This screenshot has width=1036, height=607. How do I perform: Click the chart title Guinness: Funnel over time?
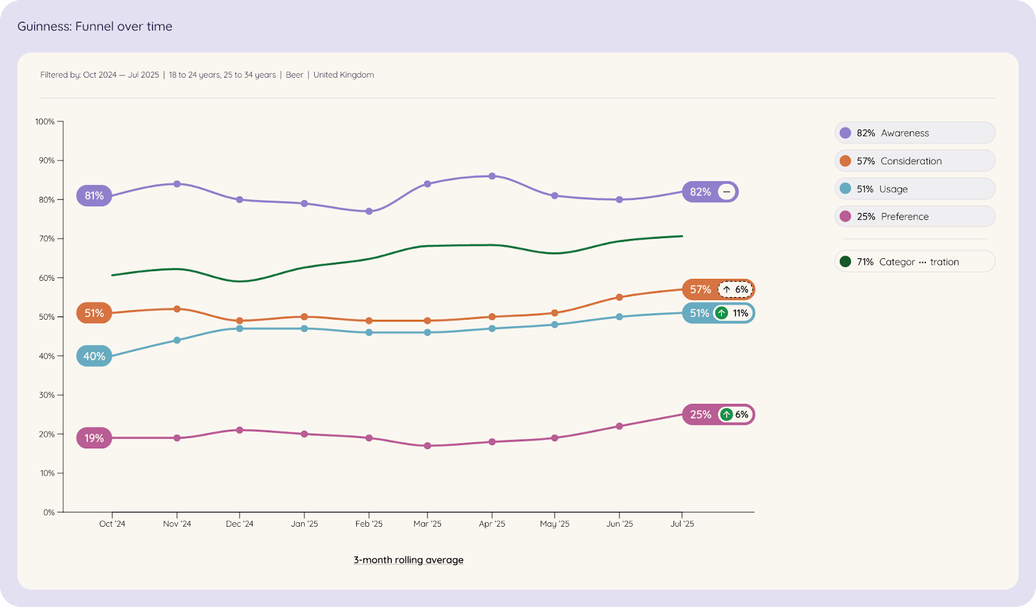[x=95, y=27]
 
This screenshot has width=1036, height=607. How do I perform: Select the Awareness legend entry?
[x=914, y=133]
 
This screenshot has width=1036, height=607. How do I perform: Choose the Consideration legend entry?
[x=914, y=160]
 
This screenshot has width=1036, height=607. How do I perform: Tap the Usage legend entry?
[x=914, y=189]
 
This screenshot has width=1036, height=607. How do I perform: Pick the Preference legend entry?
[x=914, y=216]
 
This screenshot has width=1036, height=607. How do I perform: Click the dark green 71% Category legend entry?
[x=914, y=261]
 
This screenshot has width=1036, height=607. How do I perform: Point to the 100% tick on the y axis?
[x=45, y=122]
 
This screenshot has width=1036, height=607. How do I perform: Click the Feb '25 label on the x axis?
[x=369, y=524]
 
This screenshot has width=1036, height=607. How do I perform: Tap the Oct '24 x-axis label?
[x=112, y=524]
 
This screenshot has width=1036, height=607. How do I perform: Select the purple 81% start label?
[x=94, y=195]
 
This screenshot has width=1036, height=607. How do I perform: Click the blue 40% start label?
[x=94, y=356]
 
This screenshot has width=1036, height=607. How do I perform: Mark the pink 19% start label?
[x=94, y=438]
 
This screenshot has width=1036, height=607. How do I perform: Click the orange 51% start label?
[x=94, y=313]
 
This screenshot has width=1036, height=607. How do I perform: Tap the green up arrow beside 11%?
[x=721, y=313]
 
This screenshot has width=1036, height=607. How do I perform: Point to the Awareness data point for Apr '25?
[x=492, y=176]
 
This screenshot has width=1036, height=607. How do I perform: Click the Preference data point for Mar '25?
[x=427, y=446]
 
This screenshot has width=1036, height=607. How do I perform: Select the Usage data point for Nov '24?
[x=177, y=340]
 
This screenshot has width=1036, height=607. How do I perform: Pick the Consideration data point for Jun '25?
[x=620, y=298]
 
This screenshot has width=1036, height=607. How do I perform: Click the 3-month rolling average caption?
[x=409, y=560]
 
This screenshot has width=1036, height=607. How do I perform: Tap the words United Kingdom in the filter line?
[x=344, y=75]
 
